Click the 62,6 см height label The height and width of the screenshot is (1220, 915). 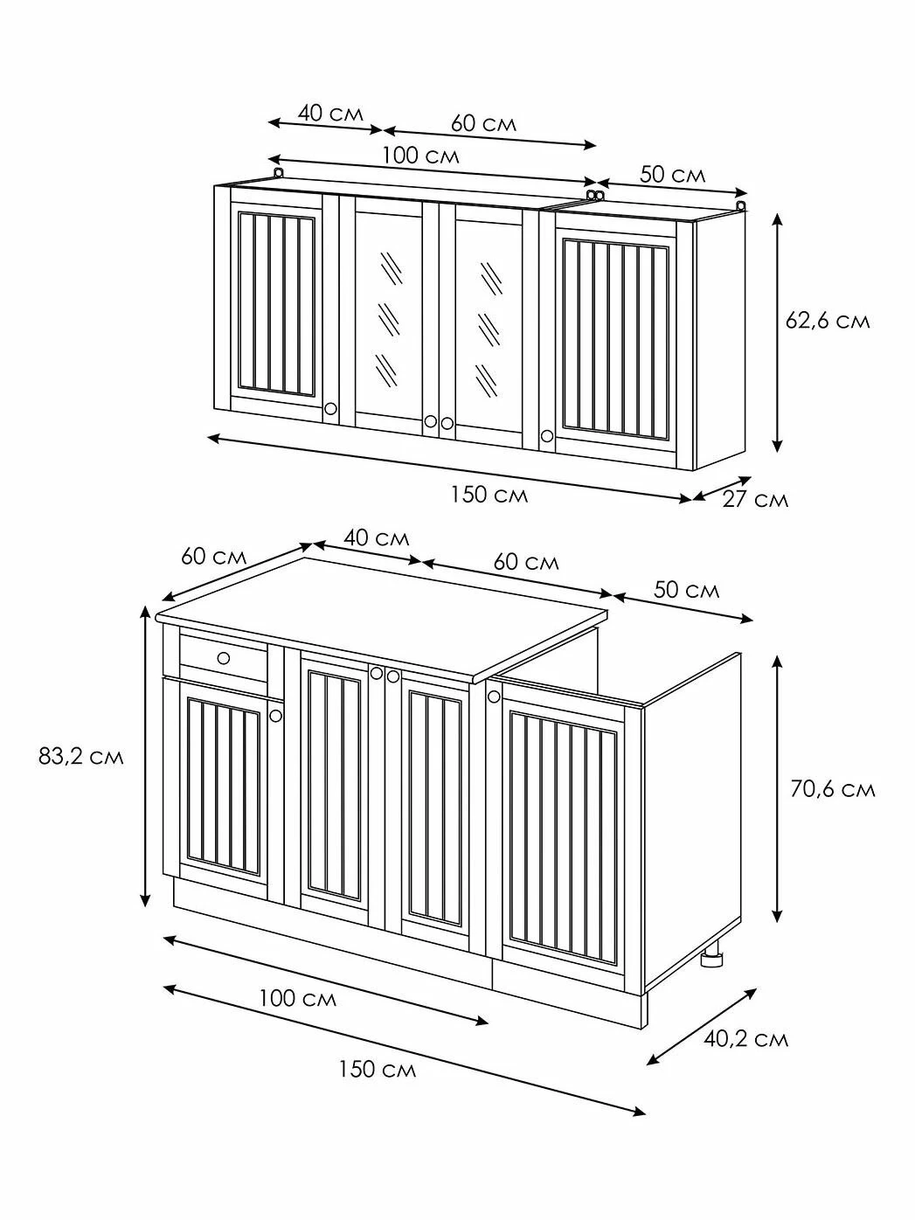[828, 322]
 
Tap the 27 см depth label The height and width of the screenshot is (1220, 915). [755, 500]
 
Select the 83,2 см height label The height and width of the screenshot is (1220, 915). [81, 757]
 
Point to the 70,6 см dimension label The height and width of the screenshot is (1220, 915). [833, 790]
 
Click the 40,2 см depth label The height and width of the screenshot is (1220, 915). [746, 1039]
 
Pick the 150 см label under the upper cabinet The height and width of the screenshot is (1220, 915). [489, 494]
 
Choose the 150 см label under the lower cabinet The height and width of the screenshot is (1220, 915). [378, 1069]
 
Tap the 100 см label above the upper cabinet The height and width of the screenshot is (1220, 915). [420, 156]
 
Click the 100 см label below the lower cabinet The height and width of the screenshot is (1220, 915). [298, 999]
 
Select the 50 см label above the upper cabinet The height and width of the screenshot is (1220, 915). [672, 175]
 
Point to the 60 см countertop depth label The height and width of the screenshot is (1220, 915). [214, 557]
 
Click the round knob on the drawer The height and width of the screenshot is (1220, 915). [224, 658]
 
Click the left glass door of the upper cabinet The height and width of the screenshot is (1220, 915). [389, 316]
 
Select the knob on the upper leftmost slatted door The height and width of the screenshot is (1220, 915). [330, 409]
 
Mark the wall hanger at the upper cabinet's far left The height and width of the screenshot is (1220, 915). [279, 173]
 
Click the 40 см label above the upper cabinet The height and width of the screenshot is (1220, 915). [330, 114]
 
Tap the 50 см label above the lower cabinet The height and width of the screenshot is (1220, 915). [687, 590]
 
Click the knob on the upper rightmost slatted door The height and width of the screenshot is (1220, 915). [547, 435]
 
